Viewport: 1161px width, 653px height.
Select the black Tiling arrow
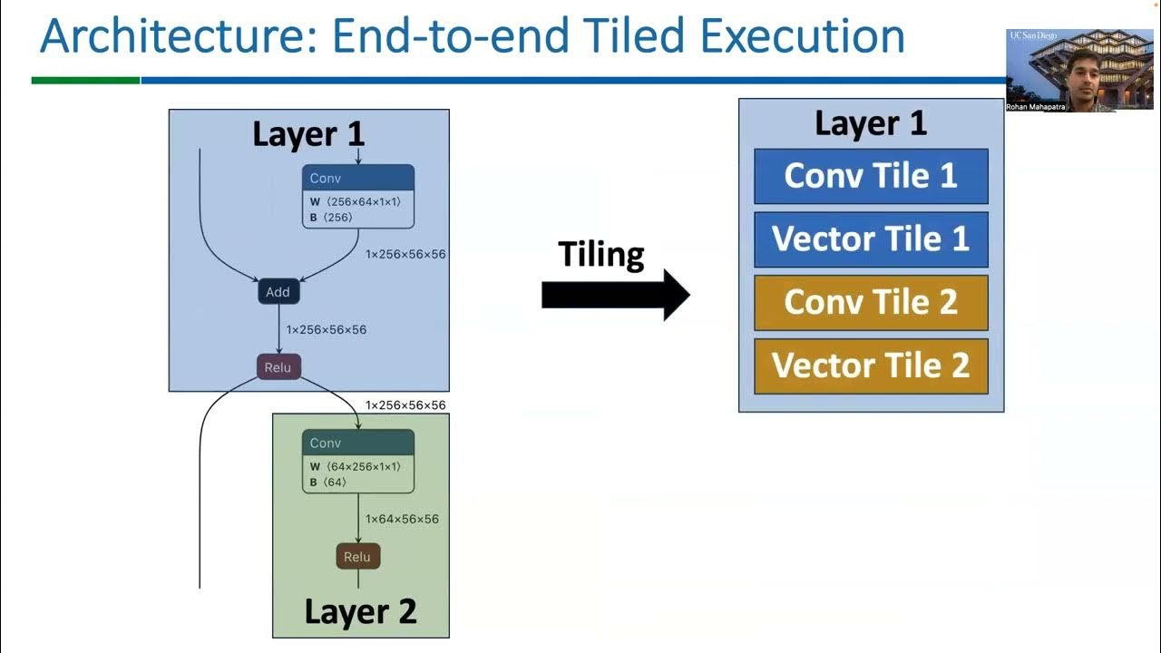coord(616,295)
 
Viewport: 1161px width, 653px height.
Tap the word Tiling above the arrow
coord(600,254)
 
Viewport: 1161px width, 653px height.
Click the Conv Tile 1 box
coord(871,176)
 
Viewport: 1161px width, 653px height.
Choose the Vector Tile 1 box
coord(871,239)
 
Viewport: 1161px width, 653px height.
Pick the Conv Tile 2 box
coord(871,303)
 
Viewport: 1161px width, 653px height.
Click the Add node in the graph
coord(278,292)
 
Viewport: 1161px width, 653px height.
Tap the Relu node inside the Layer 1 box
coord(278,368)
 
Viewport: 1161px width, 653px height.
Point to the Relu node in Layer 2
coord(358,557)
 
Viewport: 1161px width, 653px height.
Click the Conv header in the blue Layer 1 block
coord(357,178)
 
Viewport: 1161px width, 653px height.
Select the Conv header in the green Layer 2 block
coord(357,443)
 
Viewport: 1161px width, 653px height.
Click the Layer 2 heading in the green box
coord(360,611)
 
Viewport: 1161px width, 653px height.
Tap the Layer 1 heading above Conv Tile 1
coord(871,123)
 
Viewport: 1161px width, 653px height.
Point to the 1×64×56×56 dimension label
coord(402,520)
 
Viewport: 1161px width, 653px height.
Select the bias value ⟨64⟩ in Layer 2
coord(335,482)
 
